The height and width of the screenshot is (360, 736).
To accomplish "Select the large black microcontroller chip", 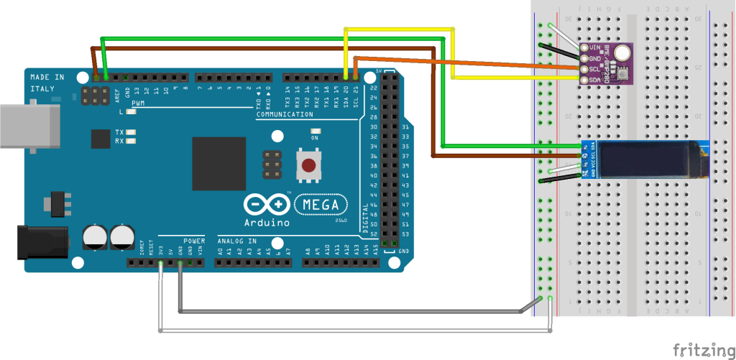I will pyautogui.click(x=220, y=164).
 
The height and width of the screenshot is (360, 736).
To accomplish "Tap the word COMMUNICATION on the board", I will pyautogui.click(x=285, y=114).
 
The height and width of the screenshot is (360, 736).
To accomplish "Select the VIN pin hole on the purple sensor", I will pyautogui.click(x=585, y=48).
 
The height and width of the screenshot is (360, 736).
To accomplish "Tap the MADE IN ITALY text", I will pyautogui.click(x=47, y=82).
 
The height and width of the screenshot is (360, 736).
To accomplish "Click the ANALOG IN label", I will pyautogui.click(x=235, y=241).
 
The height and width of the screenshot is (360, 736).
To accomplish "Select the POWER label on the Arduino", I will pyautogui.click(x=194, y=241).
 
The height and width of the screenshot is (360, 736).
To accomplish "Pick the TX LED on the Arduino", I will pyautogui.click(x=130, y=133).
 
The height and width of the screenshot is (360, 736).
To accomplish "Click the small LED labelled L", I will pyautogui.click(x=130, y=112).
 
